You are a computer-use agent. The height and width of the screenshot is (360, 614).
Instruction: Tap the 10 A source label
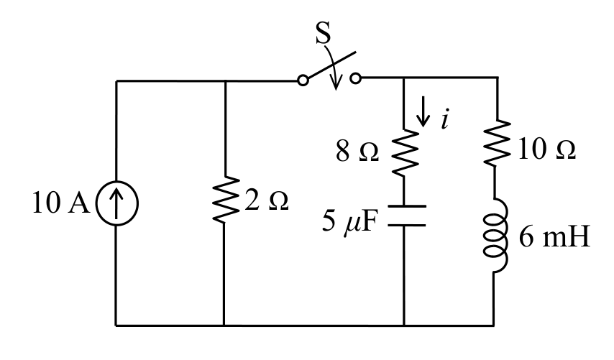click(61, 203)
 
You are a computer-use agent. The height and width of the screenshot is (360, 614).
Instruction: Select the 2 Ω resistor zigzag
click(225, 200)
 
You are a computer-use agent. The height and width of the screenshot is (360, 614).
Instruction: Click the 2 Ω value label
click(267, 200)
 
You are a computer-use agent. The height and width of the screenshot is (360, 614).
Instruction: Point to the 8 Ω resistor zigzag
click(405, 153)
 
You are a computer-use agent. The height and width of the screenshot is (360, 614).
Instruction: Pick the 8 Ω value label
click(357, 152)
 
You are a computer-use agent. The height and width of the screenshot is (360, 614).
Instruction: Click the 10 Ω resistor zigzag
click(498, 142)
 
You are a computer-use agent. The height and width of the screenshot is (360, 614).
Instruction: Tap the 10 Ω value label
click(547, 149)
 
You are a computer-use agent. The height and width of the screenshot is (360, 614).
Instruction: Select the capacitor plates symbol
click(406, 216)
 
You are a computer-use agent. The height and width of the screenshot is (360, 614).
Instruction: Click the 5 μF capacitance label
click(349, 221)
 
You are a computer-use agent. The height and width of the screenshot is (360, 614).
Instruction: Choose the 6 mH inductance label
click(554, 236)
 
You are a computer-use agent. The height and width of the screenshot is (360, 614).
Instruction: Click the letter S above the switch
click(323, 32)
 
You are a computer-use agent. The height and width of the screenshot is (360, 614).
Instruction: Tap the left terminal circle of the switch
click(303, 80)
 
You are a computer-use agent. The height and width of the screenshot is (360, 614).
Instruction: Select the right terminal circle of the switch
click(356, 78)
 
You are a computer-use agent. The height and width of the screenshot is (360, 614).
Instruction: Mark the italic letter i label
click(444, 119)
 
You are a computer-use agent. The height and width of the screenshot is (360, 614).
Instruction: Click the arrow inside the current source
click(116, 203)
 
